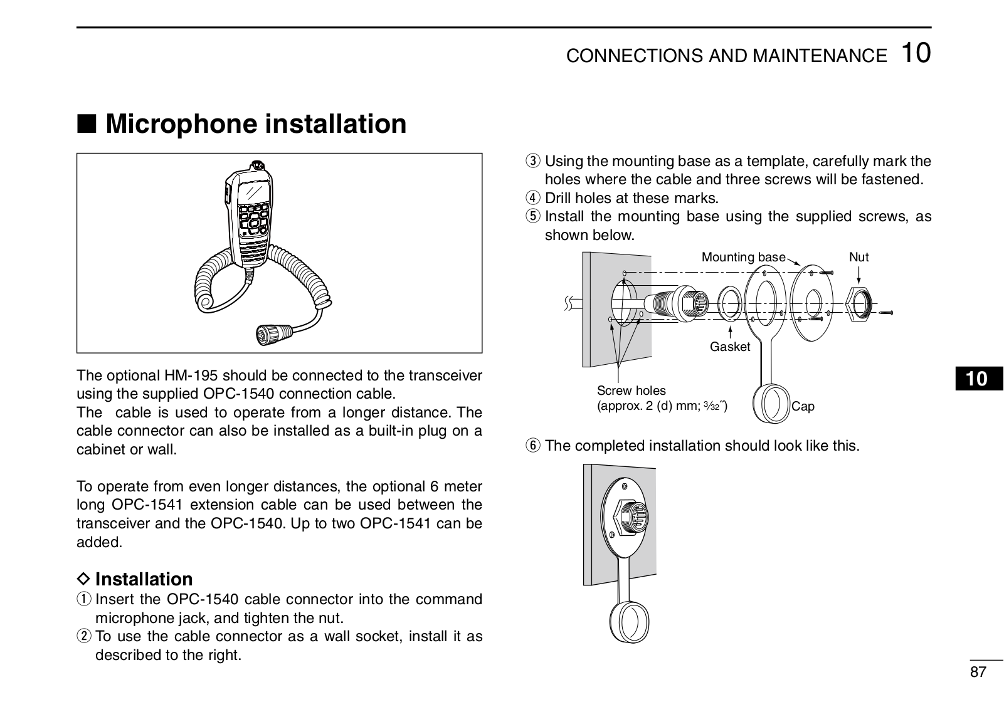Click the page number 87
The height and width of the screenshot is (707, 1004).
[978, 673]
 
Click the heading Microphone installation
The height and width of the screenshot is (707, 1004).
[256, 123]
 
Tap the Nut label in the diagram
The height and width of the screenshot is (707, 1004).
[859, 257]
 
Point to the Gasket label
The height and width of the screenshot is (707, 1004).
[729, 347]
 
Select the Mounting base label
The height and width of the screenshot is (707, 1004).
[743, 257]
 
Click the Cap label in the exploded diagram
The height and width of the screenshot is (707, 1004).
[803, 406]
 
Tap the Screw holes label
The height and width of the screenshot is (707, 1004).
[631, 390]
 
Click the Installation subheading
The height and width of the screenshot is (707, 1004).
[144, 579]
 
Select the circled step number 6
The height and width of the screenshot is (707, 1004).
[532, 446]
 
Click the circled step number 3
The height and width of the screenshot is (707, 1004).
[532, 162]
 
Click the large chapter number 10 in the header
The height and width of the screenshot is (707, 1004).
[916, 53]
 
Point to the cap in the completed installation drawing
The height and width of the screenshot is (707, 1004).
[630, 623]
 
